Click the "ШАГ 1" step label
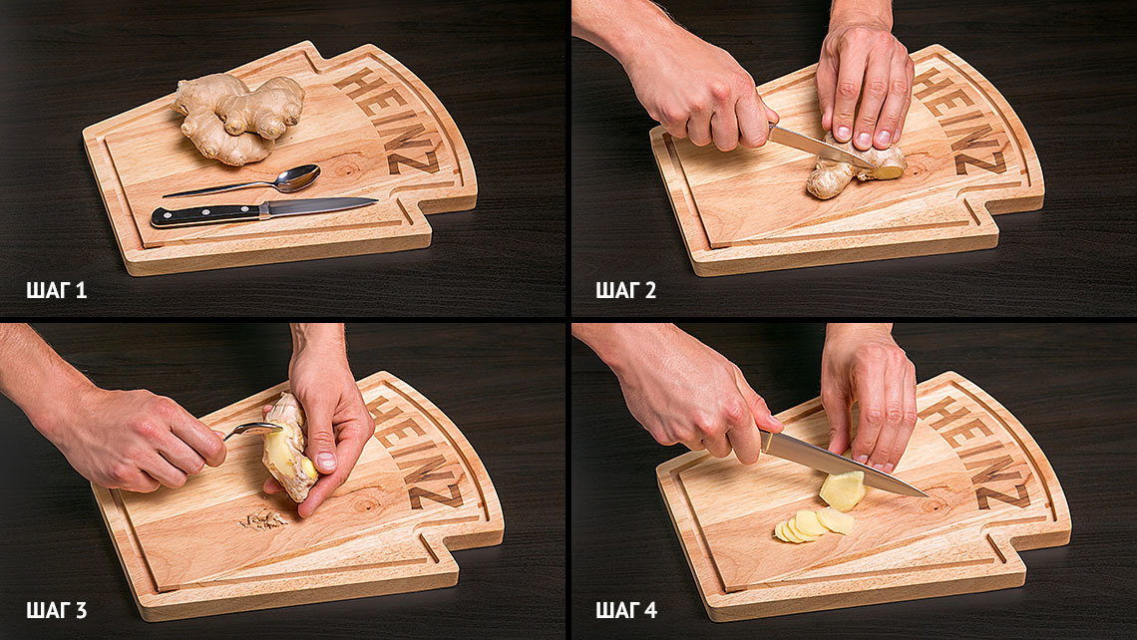point(57,291)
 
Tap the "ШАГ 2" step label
point(625,291)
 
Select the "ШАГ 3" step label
point(57,610)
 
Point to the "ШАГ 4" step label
point(626,610)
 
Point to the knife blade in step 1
point(319,205)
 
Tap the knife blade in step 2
point(820,146)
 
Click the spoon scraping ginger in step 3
point(251,431)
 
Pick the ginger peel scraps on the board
point(264,519)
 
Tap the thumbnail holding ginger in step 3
point(325,461)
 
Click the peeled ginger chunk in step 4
point(843,489)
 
